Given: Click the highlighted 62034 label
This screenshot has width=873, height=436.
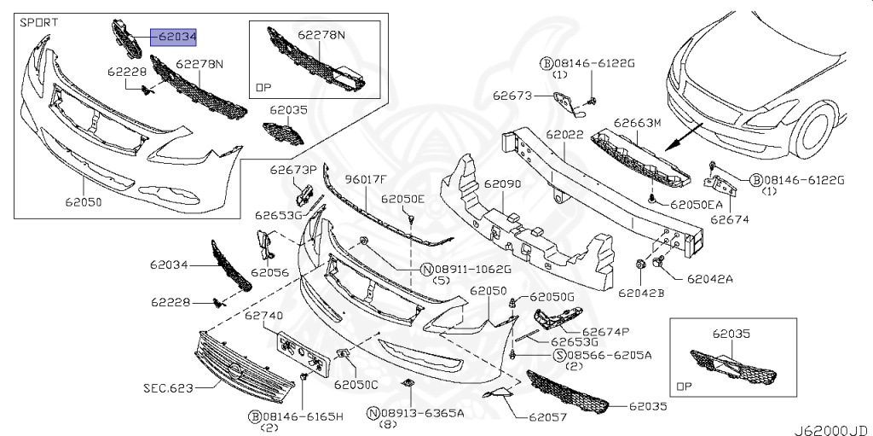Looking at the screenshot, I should (x=175, y=37).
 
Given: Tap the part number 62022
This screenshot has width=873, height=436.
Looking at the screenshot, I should (x=564, y=135).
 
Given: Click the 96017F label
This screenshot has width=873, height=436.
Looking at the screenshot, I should (x=366, y=179).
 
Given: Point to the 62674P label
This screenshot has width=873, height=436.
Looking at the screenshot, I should (x=605, y=331).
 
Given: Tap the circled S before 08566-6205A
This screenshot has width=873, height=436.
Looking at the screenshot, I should (x=560, y=354).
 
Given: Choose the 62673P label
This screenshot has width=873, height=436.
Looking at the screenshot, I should (x=294, y=170).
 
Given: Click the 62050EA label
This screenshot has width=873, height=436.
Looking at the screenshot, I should (x=696, y=205).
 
